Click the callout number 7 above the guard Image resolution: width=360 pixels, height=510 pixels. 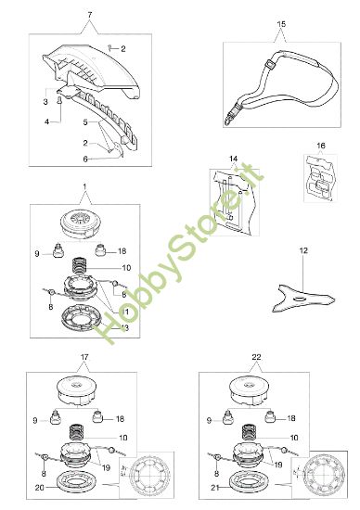coord(89,17)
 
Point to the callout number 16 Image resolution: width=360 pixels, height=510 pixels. coord(321,147)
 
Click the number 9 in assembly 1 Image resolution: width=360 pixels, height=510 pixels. coord(38,252)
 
